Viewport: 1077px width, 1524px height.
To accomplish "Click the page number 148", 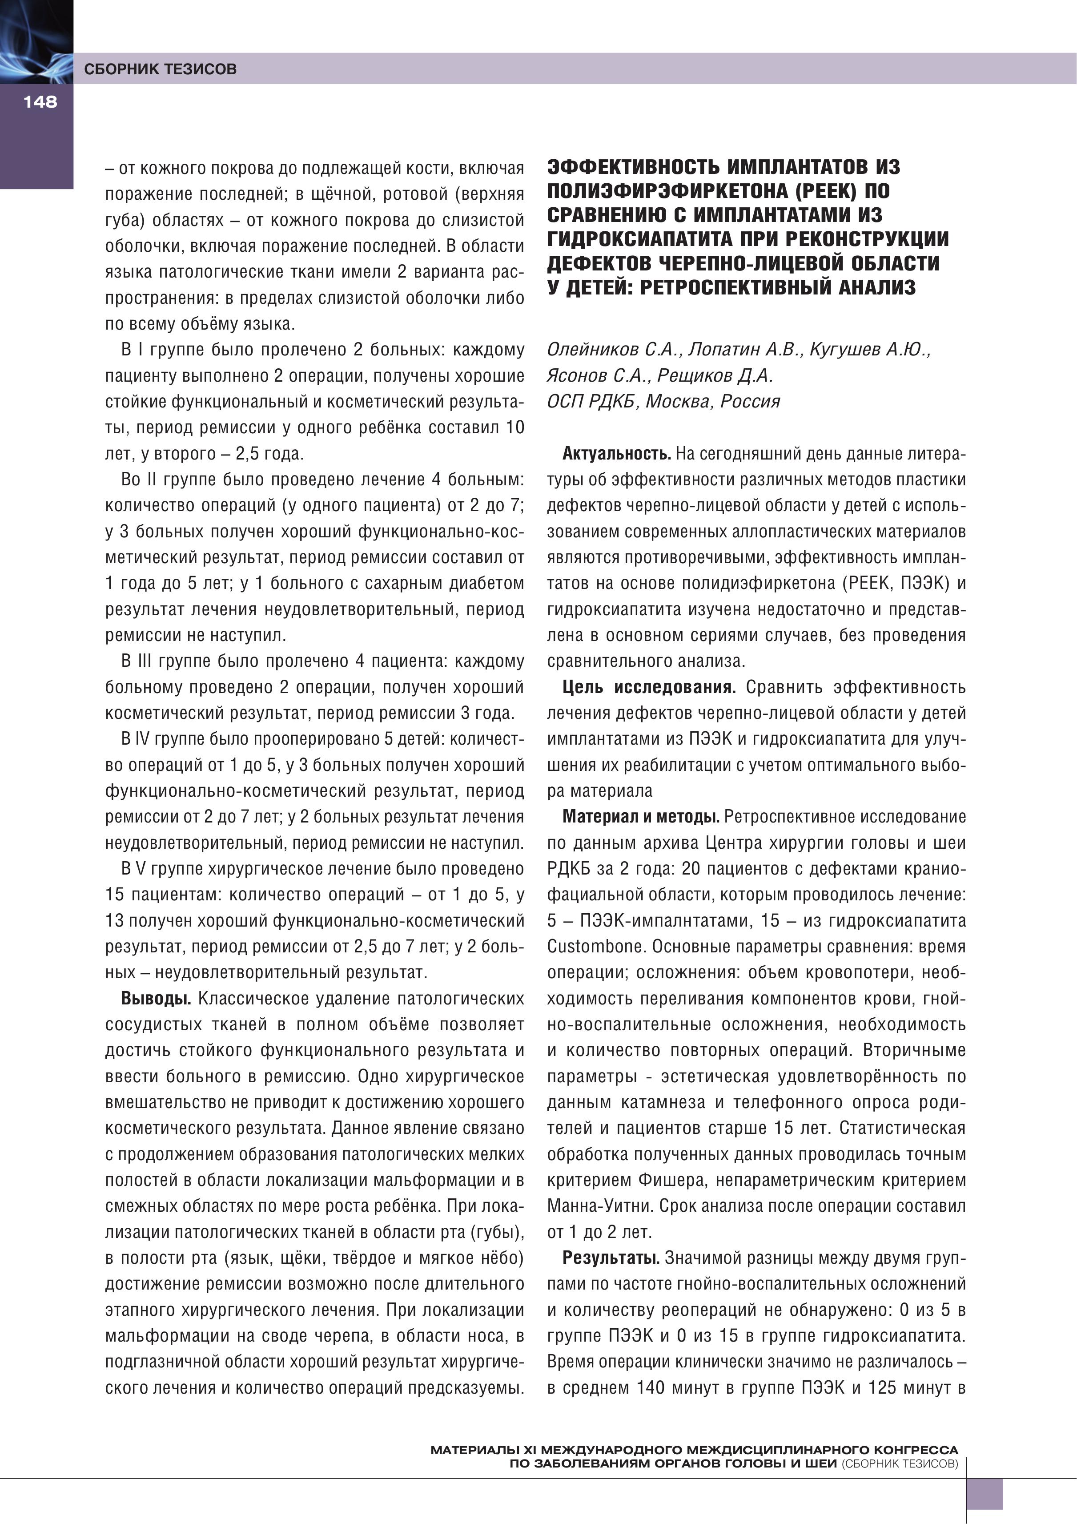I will coord(40,101).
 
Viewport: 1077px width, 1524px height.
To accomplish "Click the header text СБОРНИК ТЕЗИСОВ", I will coord(160,69).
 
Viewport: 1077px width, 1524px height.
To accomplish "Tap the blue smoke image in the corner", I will coord(36,41).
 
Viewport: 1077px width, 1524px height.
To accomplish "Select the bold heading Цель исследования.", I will coord(648,687).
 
